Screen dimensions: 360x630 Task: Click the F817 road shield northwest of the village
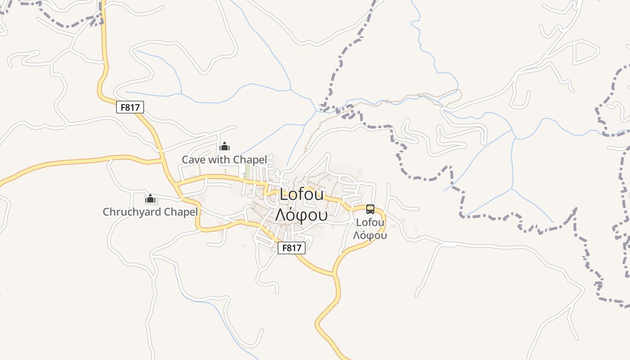tap(130, 107)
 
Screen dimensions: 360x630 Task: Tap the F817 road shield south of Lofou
tap(292, 248)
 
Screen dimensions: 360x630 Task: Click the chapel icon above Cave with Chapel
tap(224, 146)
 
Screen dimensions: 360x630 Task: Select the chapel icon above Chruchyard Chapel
tap(150, 198)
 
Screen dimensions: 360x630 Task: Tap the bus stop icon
tap(370, 209)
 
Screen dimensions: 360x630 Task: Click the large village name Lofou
tap(301, 195)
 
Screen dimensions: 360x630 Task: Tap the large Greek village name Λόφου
tap(301, 216)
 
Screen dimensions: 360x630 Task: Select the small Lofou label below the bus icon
tap(370, 222)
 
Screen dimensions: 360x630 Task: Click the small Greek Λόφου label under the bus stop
tap(370, 235)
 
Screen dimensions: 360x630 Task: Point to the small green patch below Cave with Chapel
tap(247, 170)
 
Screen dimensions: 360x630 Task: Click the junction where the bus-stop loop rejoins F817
tap(334, 273)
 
